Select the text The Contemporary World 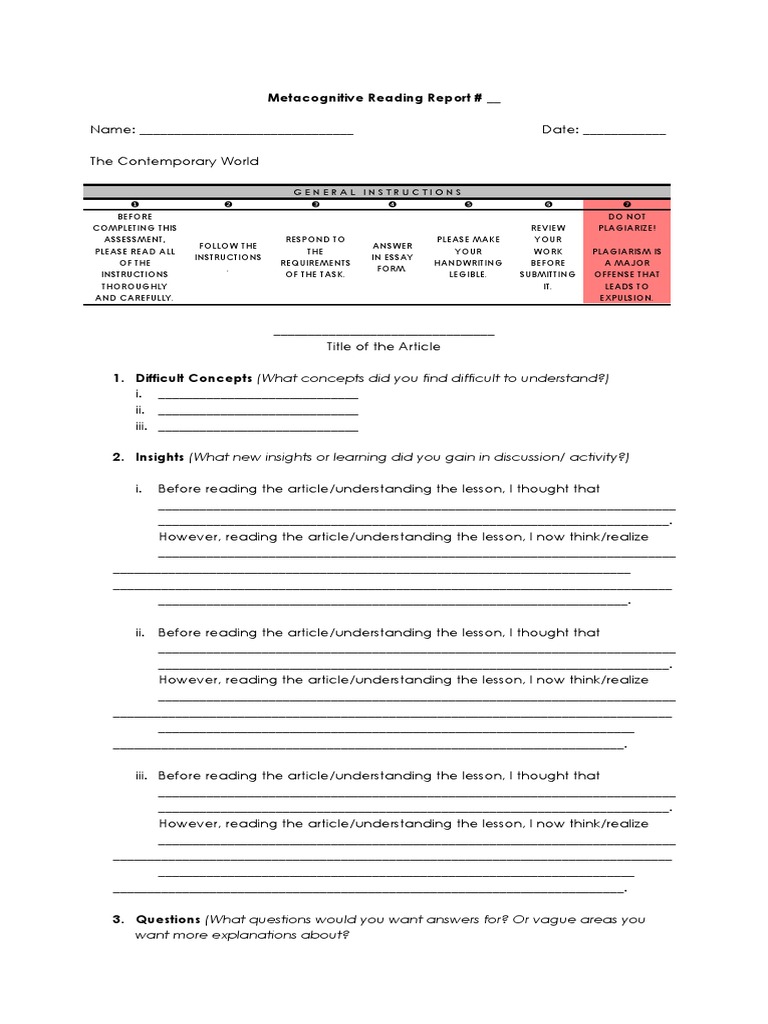point(174,161)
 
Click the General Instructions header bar point(377,191)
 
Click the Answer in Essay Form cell point(392,257)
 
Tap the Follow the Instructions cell point(229,252)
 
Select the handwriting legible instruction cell point(468,257)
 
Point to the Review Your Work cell point(548,257)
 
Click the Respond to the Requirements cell point(315,257)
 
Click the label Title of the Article point(383,347)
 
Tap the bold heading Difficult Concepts point(194,378)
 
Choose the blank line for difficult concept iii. point(258,429)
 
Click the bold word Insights point(160,457)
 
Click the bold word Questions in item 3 point(168,919)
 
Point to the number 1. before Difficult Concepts point(117,378)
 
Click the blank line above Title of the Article point(383,334)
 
